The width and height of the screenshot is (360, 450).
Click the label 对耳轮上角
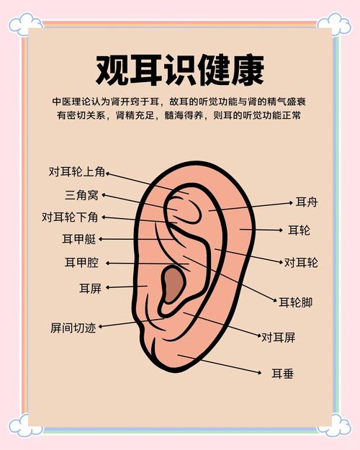click(x=76, y=171)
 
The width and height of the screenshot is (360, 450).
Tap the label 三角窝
click(x=82, y=195)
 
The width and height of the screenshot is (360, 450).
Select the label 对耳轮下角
click(x=70, y=217)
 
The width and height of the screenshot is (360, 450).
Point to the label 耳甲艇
click(x=79, y=239)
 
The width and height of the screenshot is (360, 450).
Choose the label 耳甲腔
click(x=82, y=262)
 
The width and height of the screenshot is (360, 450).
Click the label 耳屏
click(x=91, y=288)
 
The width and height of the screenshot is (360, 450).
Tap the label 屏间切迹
click(x=73, y=328)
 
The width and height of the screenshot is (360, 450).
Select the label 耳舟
click(x=307, y=202)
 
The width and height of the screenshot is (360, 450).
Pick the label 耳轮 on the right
click(x=299, y=230)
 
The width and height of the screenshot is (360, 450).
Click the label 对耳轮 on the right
click(x=301, y=263)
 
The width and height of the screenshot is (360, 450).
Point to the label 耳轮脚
click(x=296, y=302)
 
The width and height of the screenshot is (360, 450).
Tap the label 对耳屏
click(x=278, y=338)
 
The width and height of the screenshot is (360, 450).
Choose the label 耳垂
click(x=283, y=374)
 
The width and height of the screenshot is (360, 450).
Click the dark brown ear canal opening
click(x=173, y=284)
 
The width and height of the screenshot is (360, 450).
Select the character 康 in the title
click(x=248, y=70)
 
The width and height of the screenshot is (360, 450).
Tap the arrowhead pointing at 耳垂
click(x=260, y=372)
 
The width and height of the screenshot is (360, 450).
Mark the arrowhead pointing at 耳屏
click(x=108, y=287)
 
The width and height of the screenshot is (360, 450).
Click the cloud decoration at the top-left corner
click(x=25, y=24)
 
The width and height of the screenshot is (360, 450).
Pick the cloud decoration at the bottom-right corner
click(x=334, y=426)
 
